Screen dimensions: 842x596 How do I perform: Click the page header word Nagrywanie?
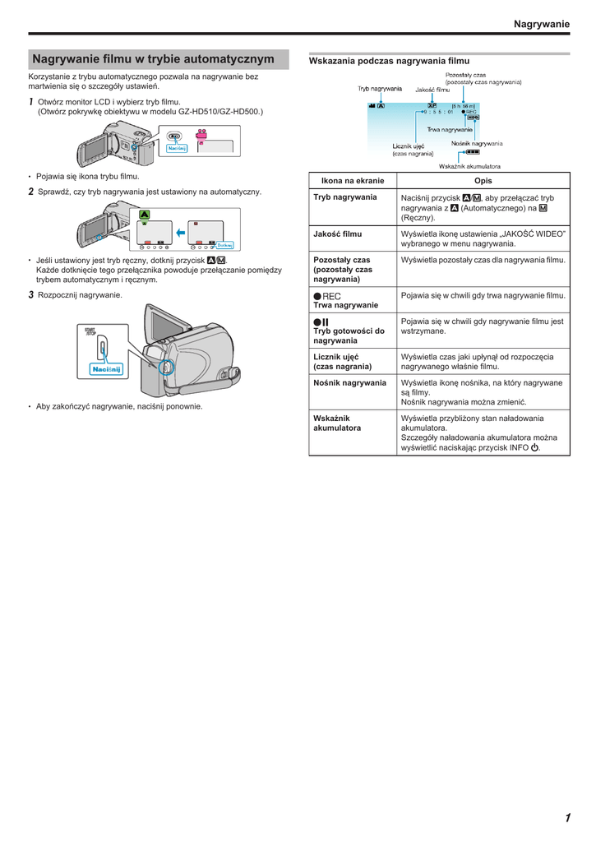[541, 24]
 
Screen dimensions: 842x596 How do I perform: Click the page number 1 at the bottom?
[567, 817]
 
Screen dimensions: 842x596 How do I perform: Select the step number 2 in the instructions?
[31, 192]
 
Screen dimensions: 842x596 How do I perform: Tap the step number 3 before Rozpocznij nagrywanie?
[31, 294]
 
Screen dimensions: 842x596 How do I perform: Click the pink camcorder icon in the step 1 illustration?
[200, 136]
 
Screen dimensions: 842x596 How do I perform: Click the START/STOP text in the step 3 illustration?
[90, 332]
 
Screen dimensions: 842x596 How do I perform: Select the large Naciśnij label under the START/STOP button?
[106, 369]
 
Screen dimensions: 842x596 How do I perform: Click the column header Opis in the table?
[484, 181]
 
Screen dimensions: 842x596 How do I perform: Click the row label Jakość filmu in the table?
[337, 234]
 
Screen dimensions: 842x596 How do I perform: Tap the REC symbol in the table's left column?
[326, 296]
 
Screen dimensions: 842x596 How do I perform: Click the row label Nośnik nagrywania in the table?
[349, 382]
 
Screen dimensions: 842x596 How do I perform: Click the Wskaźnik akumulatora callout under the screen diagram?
[469, 165]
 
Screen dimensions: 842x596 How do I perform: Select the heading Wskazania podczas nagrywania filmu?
[389, 61]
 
